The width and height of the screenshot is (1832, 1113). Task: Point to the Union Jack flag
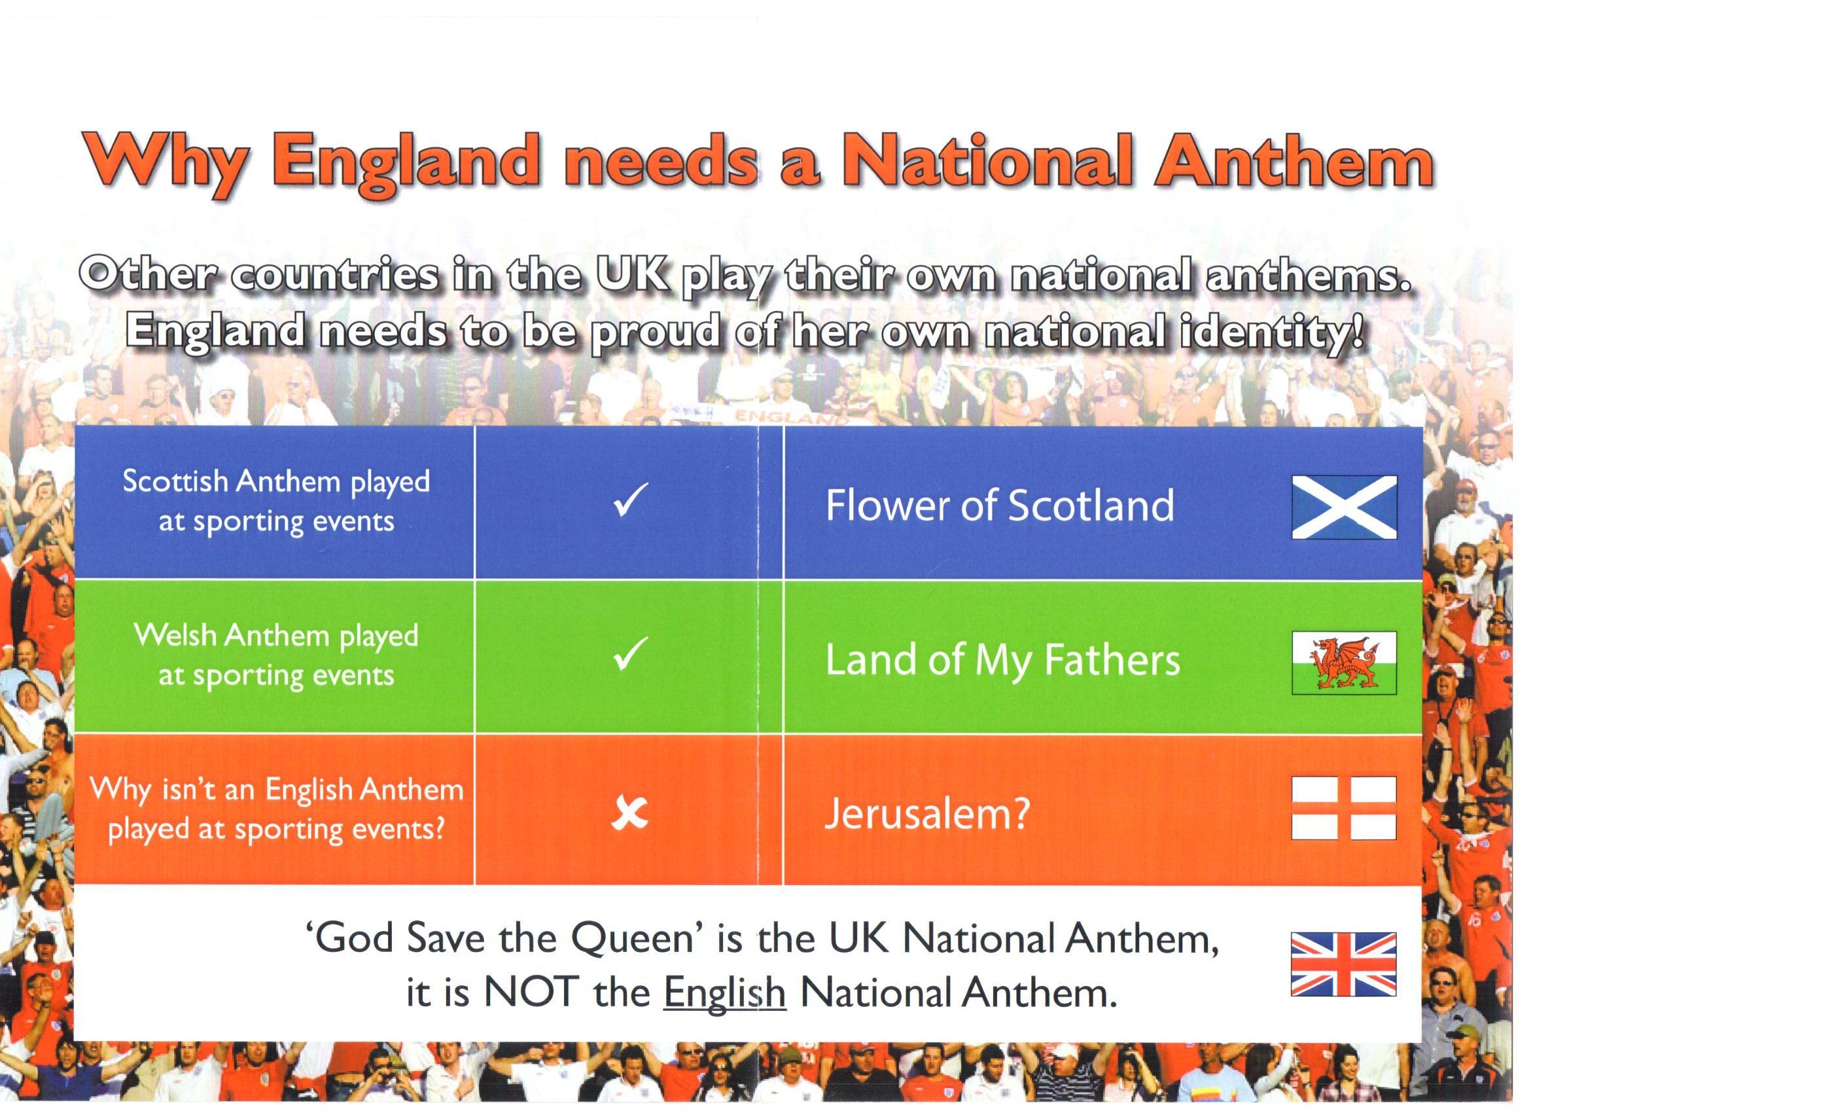pos(1343,964)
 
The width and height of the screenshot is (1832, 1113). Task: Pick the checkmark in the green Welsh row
pos(631,654)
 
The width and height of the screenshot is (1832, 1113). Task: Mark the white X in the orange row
pos(629,812)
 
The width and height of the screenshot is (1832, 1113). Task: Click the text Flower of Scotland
pos(1000,506)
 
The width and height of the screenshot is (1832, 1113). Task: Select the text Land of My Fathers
pos(1002,661)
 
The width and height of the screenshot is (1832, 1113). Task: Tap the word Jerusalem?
pos(927,813)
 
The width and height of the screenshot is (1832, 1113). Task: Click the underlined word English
pos(724,993)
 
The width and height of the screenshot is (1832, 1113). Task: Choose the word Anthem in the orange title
pos(1294,160)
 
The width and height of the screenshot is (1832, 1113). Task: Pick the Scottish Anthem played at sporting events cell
pos(275,503)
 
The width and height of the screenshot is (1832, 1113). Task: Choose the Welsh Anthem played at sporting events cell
pos(275,657)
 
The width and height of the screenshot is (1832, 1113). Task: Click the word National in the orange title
pos(989,160)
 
